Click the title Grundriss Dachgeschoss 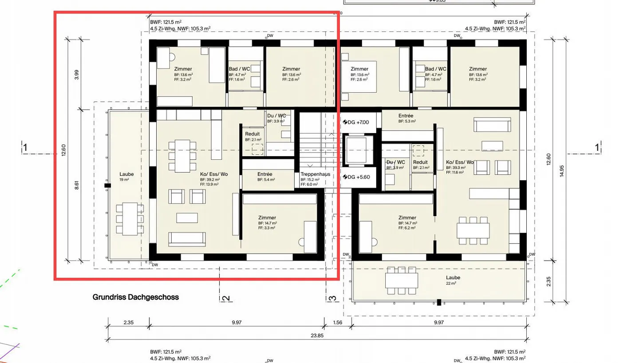tap(135, 297)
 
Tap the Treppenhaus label tap(315, 174)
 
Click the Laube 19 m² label tap(126, 174)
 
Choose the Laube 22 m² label tap(453, 277)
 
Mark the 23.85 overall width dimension tap(316, 336)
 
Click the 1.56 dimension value tap(337, 323)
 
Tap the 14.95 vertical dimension tap(562, 171)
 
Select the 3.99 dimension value tap(76, 74)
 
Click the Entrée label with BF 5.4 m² tap(265, 174)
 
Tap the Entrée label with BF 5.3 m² tap(406, 115)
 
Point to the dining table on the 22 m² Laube tap(401, 280)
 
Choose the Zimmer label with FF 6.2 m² tap(407, 217)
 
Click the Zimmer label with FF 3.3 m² tap(267, 217)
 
